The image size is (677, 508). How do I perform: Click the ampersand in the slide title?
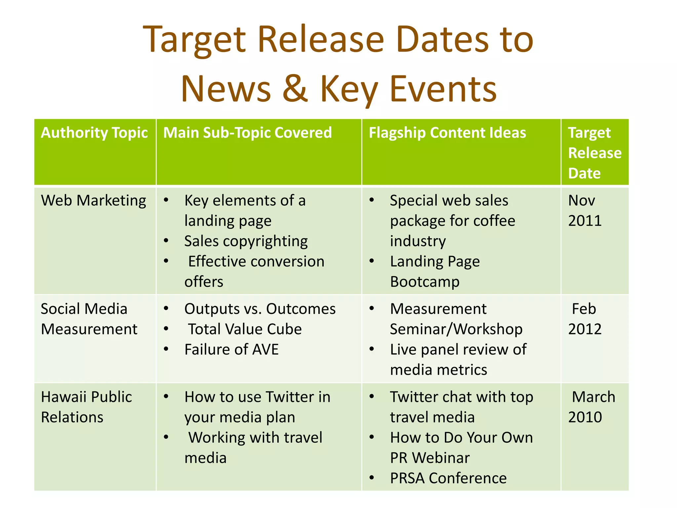click(x=296, y=89)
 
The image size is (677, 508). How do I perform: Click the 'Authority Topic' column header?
click(x=94, y=133)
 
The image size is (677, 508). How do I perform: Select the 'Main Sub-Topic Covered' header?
click(x=247, y=133)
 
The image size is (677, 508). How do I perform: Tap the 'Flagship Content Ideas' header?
click(x=447, y=133)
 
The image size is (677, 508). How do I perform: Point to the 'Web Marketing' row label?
click(x=94, y=200)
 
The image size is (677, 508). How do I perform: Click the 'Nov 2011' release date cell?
click(x=584, y=210)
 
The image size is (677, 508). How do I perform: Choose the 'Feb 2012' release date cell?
click(x=584, y=319)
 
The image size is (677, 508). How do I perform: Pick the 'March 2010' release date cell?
click(x=591, y=407)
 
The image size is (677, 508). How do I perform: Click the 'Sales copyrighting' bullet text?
click(x=246, y=241)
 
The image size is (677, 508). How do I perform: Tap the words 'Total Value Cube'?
click(x=245, y=329)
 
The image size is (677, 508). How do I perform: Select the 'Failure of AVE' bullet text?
click(x=231, y=350)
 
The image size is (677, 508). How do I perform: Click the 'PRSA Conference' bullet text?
click(x=448, y=478)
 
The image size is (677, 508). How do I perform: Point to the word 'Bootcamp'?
click(x=425, y=282)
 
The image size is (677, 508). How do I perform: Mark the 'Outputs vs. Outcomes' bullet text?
click(x=260, y=309)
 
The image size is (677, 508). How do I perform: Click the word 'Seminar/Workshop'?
click(x=456, y=329)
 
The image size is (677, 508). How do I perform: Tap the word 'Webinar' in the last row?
click(x=441, y=458)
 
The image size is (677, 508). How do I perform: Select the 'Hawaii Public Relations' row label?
click(x=86, y=407)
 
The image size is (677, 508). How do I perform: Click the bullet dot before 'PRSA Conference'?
click(x=372, y=478)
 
